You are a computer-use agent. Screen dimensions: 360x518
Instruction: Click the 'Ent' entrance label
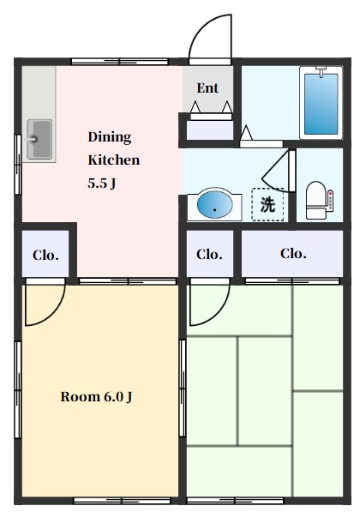pos(207,87)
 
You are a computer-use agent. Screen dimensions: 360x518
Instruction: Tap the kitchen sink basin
pos(39,140)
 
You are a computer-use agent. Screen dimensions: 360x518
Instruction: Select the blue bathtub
pos(321,104)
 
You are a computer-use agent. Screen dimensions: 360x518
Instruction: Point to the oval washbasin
pos(214,205)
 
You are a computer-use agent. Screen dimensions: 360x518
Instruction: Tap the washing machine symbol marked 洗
pos(267,204)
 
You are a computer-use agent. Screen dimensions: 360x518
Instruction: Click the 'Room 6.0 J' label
pos(97,396)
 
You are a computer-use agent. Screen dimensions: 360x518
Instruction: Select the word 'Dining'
pos(110,137)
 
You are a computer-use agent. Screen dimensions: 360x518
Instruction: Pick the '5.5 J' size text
pos(102,183)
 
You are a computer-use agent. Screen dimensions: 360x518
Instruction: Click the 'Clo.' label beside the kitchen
pos(45,255)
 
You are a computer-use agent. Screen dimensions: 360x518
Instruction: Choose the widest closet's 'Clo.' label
pos(293,253)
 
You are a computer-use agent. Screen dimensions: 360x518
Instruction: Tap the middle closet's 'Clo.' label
pos(209,255)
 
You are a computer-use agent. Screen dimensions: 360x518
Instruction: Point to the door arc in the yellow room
pos(53,315)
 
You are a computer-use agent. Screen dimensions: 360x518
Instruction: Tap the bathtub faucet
pos(321,71)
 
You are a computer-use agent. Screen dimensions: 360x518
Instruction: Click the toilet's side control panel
pos(330,200)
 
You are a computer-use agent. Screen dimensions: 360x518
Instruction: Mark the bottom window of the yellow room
pos(123,501)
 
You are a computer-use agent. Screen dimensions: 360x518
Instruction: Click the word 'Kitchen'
pos(114,160)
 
